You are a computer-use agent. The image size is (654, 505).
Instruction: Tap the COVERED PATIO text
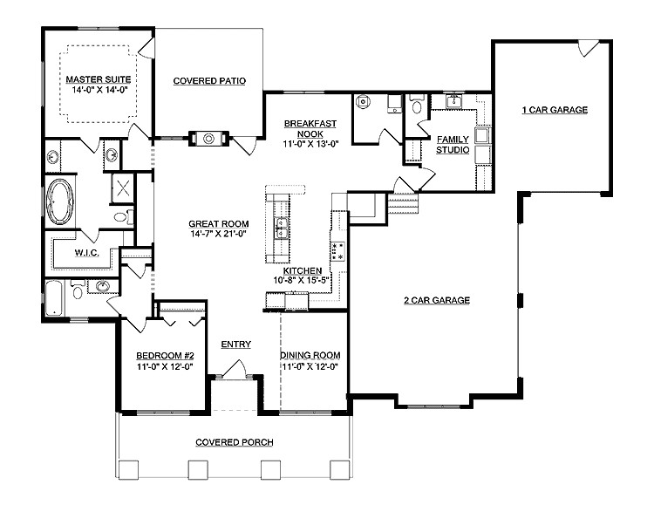tap(208, 81)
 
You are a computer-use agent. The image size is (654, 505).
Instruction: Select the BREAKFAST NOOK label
tap(304, 131)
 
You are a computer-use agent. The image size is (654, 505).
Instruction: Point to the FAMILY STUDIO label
tap(453, 145)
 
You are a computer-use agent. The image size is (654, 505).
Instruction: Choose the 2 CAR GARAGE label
tap(436, 300)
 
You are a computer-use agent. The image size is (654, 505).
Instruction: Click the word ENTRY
tap(235, 345)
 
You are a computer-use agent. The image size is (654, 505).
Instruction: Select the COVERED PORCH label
tap(235, 442)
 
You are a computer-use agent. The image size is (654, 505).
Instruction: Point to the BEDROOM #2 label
tap(164, 356)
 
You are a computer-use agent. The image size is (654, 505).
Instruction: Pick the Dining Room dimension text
tap(310, 366)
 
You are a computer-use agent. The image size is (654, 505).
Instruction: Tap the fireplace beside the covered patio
tap(208, 138)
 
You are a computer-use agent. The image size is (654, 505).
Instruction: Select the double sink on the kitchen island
tap(281, 230)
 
